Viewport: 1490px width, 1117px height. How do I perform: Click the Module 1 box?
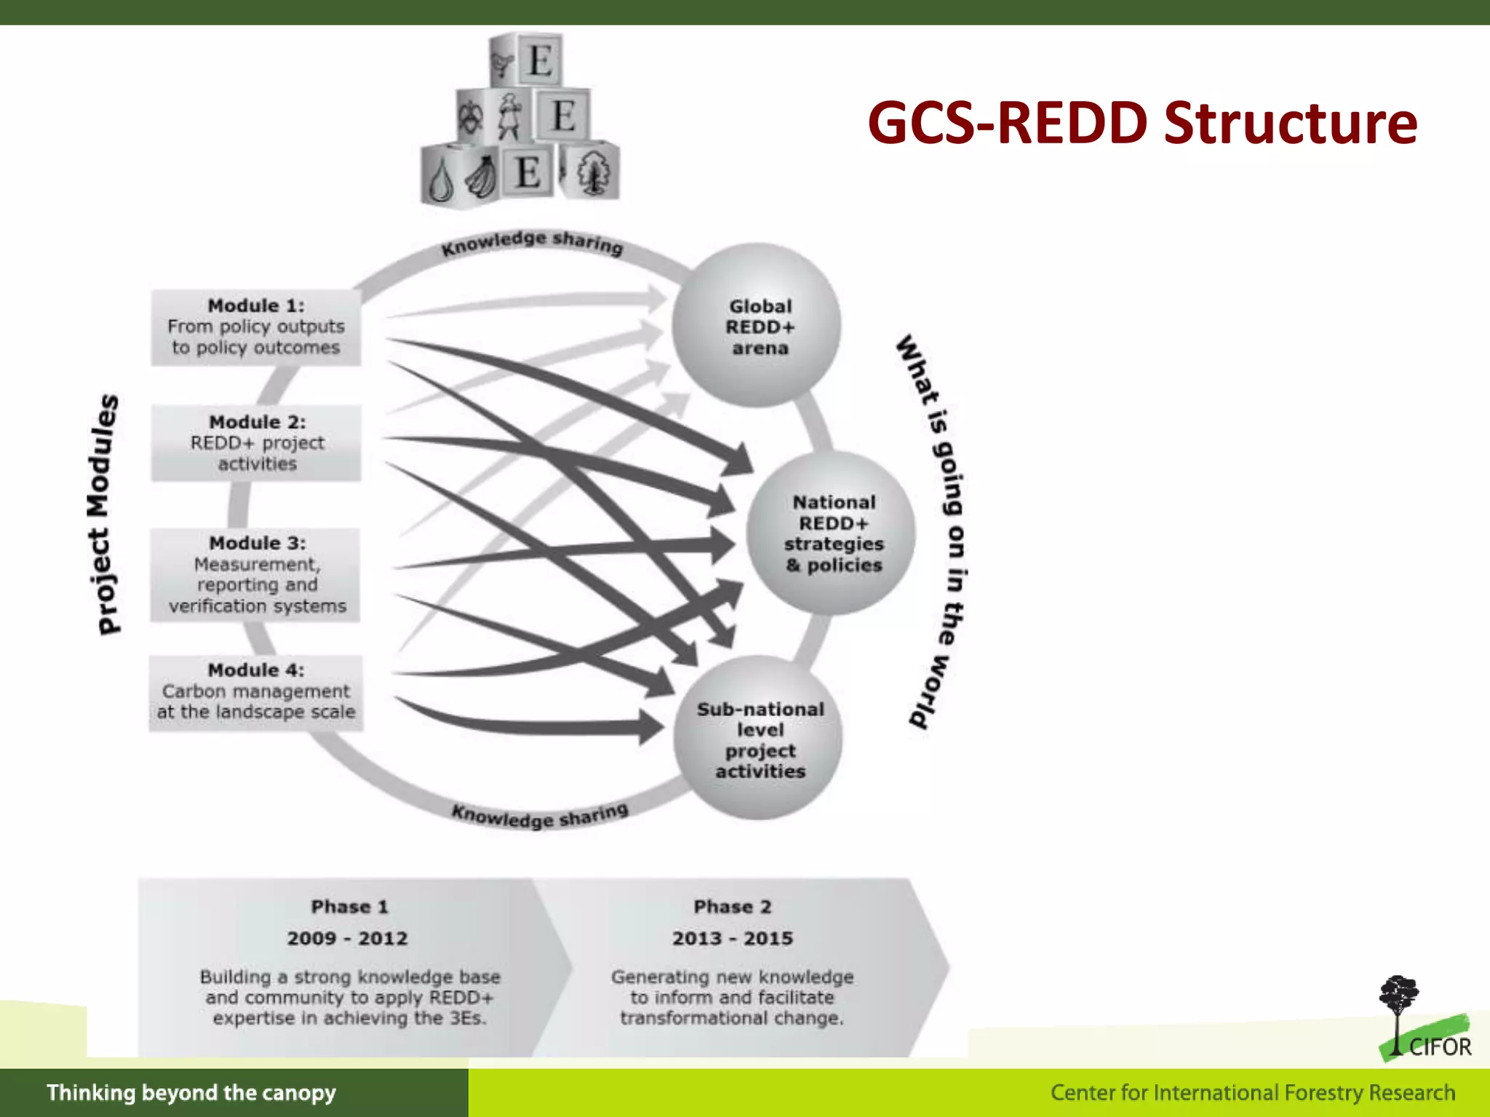tap(255, 327)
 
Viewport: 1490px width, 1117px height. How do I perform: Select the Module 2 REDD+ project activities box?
tap(256, 443)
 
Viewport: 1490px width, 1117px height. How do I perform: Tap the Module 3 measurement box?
tap(255, 574)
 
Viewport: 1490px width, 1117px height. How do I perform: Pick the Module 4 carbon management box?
tap(255, 692)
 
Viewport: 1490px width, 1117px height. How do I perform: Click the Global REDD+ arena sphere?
tap(757, 327)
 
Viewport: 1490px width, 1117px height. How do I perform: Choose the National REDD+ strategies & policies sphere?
tap(832, 534)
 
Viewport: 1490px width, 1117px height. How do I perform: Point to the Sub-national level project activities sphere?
tap(759, 739)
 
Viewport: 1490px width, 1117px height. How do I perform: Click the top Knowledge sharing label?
tap(533, 243)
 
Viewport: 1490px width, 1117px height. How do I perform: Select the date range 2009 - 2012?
tap(348, 938)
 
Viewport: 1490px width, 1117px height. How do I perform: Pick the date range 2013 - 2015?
tap(732, 938)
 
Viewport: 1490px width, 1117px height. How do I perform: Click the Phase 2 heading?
tap(732, 907)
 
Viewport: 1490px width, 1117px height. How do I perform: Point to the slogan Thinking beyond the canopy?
tap(191, 1093)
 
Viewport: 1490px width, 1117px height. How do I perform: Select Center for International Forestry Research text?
tap(1252, 1093)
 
